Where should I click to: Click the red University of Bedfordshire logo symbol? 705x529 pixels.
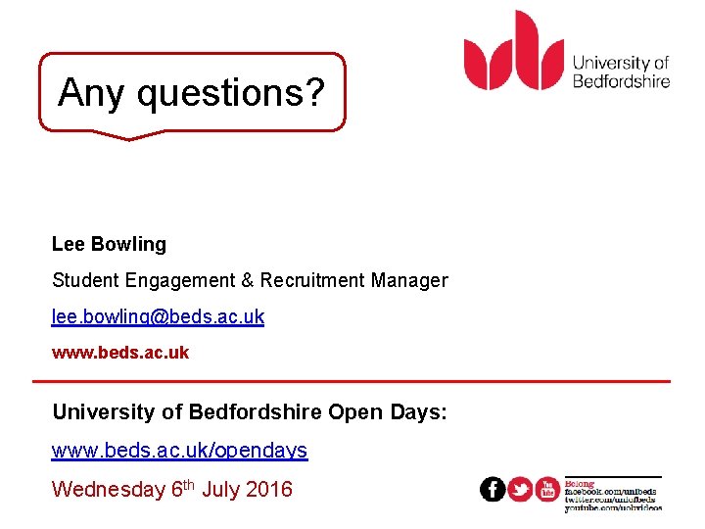[514, 50]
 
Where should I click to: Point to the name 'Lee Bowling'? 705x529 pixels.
[109, 244]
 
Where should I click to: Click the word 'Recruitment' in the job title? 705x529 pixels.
[310, 281]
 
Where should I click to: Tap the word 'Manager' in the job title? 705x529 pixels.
[409, 281]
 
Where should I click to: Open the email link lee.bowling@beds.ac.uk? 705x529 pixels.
[158, 317]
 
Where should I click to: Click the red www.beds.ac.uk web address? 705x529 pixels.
[119, 353]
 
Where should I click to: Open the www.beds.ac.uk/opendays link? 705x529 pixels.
[179, 451]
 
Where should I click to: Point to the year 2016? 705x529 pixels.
[269, 489]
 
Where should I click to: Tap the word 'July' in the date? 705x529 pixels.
[221, 489]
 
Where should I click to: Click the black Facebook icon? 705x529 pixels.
[493, 490]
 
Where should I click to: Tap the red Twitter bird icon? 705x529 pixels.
[520, 490]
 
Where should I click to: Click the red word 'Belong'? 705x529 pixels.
[580, 483]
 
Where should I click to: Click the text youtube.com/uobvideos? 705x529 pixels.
[613, 507]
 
